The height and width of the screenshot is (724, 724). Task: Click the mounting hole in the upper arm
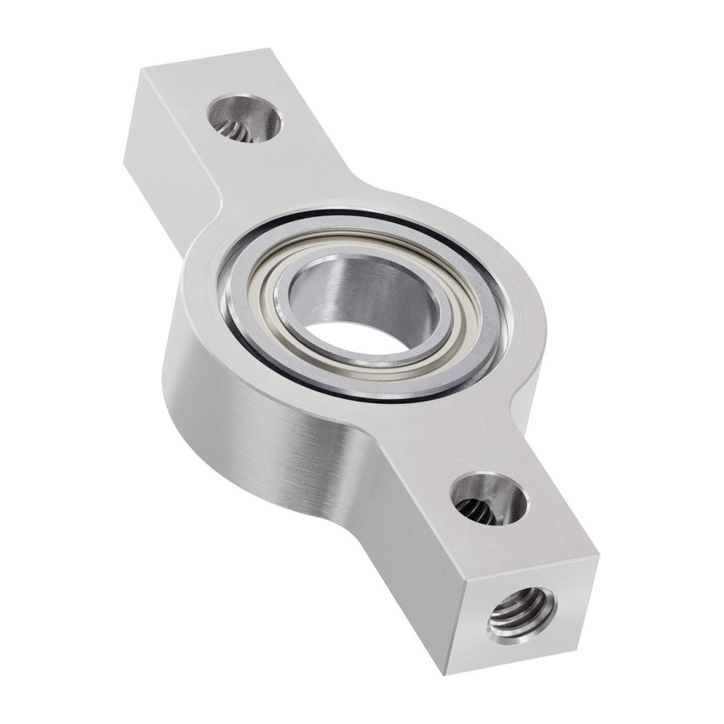pos(244,118)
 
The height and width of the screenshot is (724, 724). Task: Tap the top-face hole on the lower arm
pos(489,499)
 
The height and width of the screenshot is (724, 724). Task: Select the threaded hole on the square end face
pos(522,614)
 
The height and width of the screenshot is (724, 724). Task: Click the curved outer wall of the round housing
pos(251,418)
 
